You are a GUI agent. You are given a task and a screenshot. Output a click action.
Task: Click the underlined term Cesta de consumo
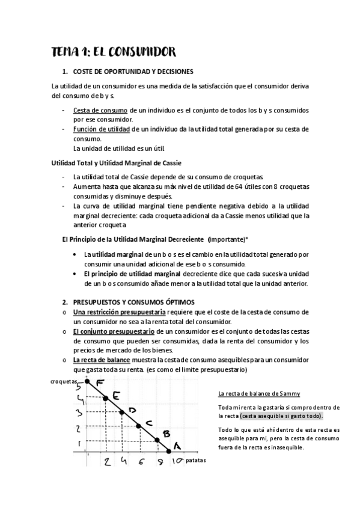click(100, 111)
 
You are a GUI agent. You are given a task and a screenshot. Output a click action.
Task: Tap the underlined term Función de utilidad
click(100, 129)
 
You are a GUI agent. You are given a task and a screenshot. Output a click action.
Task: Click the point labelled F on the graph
click(88, 381)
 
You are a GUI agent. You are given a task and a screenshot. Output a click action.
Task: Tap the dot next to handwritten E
click(106, 398)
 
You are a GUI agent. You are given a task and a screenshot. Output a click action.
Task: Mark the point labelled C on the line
click(139, 426)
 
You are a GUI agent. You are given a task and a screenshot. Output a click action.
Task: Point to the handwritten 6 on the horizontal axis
click(141, 462)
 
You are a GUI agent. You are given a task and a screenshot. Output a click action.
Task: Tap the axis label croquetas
click(64, 381)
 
